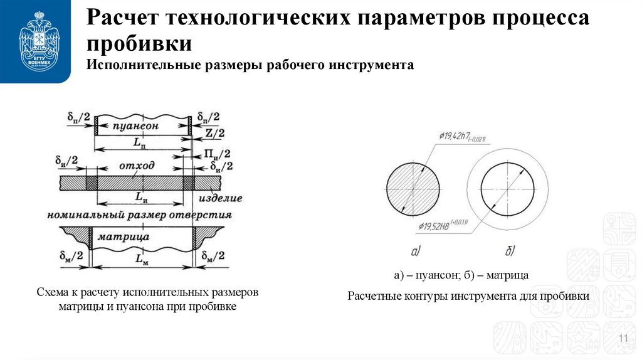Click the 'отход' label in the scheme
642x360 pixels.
pyautogui.click(x=136, y=167)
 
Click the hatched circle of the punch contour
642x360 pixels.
pyautogui.click(x=413, y=189)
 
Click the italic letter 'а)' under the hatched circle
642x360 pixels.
pyautogui.click(x=416, y=251)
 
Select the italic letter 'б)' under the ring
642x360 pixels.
pyautogui.click(x=509, y=251)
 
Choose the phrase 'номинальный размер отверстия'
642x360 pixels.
pyautogui.click(x=139, y=215)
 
